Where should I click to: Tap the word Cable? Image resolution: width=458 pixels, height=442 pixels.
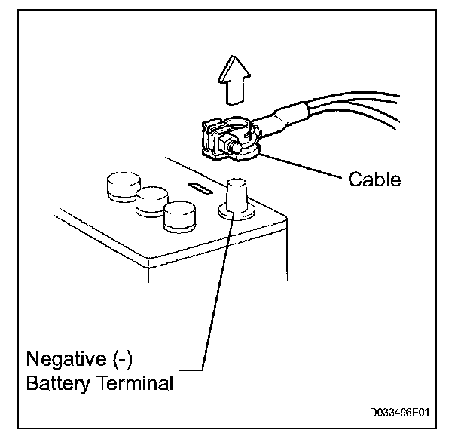point(374,180)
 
